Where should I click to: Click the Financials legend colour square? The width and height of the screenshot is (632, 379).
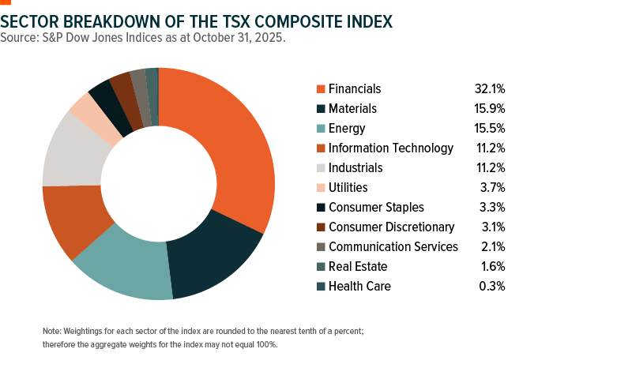pos(321,89)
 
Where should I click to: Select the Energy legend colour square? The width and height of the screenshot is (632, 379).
pos(321,129)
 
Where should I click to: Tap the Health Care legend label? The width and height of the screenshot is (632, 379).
pos(359,286)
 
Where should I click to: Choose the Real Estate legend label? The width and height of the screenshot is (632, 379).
pos(358,266)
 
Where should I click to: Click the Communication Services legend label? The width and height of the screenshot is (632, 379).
pos(393,246)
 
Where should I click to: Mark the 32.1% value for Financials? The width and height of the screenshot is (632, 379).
pos(488,89)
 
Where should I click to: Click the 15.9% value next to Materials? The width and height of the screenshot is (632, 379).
pos(488,109)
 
